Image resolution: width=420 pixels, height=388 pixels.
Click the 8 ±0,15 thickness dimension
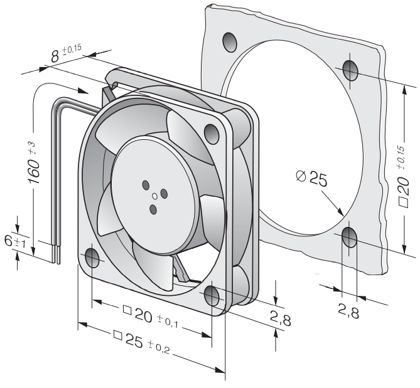click(x=66, y=54)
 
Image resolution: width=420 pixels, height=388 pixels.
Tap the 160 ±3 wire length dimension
click(x=34, y=162)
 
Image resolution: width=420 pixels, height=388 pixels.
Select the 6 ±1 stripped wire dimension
click(x=14, y=242)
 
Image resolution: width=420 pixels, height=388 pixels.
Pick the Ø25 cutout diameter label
click(x=312, y=179)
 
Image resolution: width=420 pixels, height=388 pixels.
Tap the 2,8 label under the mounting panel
click(x=348, y=311)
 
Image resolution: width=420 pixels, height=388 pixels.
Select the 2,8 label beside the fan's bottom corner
click(x=281, y=318)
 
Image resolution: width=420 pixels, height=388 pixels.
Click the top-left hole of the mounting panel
click(x=230, y=42)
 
